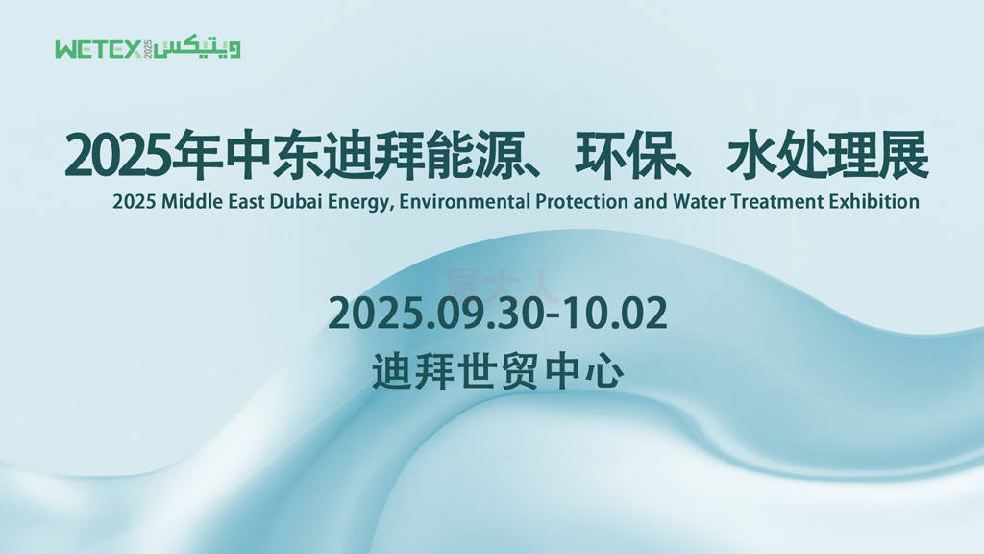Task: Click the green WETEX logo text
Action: pos(99,50)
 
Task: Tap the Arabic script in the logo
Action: pos(197,49)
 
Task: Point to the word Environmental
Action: pos(465,202)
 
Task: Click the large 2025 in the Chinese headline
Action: pos(117,156)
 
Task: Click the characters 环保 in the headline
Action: pos(624,155)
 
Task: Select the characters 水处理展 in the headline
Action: pos(827,155)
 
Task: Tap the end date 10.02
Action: pos(614,314)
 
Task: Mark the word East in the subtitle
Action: pos(246,202)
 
